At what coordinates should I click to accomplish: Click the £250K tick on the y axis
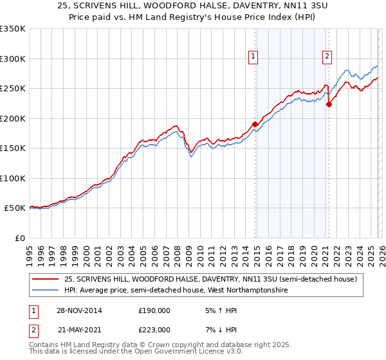tap(13, 88)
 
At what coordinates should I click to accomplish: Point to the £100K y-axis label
tap(13, 178)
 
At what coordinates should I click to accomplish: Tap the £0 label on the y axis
tap(19, 238)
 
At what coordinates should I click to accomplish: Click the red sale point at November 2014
tap(255, 124)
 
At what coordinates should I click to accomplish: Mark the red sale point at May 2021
tap(329, 104)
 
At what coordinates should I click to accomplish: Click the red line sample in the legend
tap(46, 280)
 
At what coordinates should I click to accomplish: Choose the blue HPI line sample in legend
tap(46, 291)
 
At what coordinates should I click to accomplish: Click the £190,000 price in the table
tap(154, 310)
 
